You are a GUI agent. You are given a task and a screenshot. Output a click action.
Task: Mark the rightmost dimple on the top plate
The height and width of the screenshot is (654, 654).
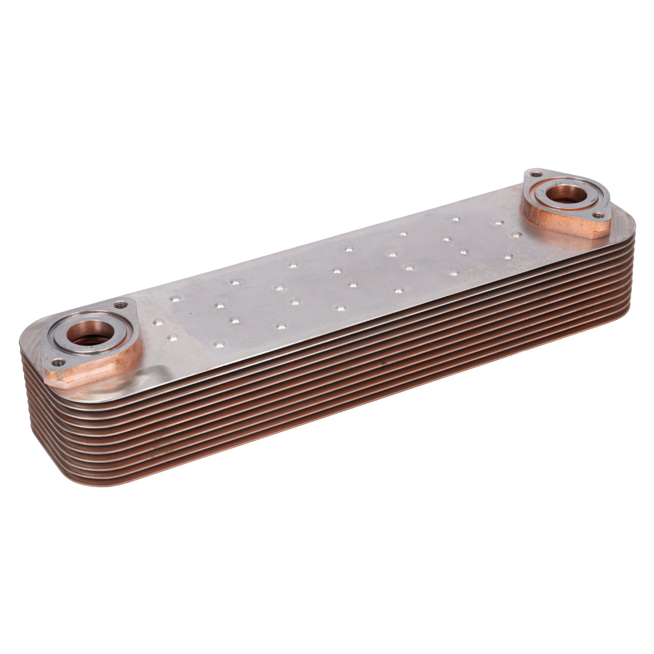click(x=516, y=235)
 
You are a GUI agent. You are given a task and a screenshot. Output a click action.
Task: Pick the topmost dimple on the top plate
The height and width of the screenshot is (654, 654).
click(x=456, y=219)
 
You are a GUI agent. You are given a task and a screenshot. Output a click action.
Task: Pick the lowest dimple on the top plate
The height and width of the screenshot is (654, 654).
click(x=218, y=345)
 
